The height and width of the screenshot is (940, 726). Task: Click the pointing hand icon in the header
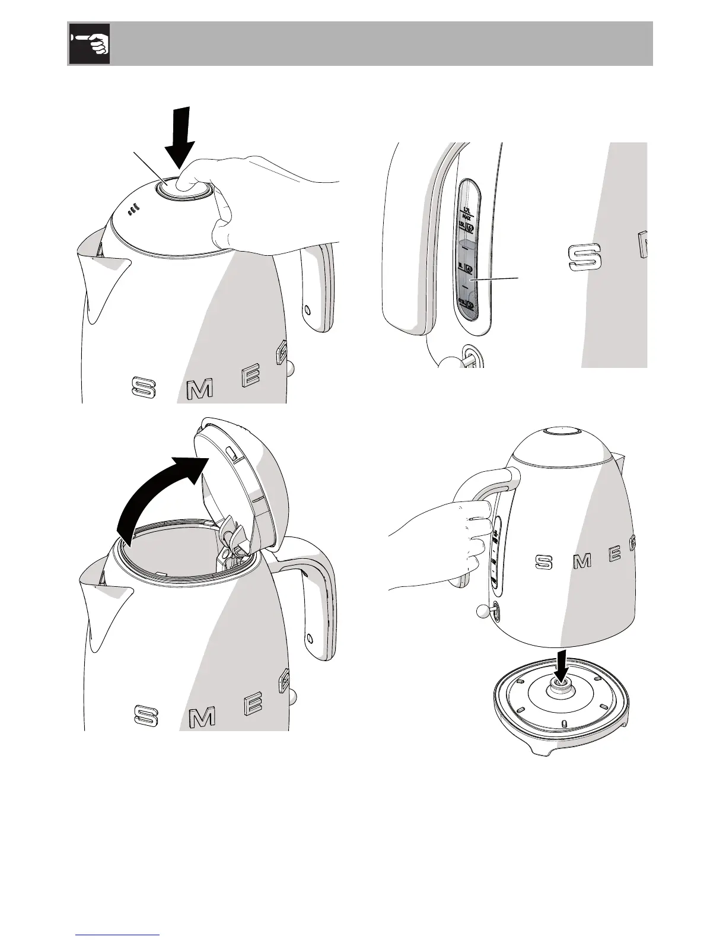click(89, 44)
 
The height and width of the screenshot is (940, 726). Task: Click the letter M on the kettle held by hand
click(582, 560)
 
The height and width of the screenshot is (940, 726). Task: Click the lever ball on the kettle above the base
click(480, 611)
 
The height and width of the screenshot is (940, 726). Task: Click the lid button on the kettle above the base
click(561, 431)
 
